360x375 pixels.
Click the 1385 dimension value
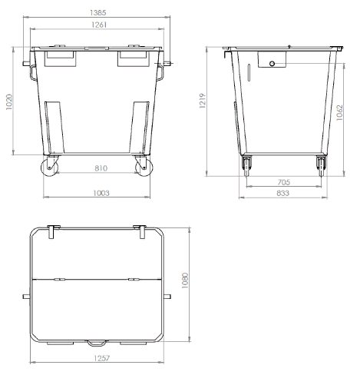click(98, 12)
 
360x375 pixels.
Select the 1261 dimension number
click(99, 25)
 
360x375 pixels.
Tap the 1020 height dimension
click(9, 102)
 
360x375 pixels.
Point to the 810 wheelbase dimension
click(101, 168)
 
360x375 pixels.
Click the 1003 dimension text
click(101, 193)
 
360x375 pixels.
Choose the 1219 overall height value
click(203, 101)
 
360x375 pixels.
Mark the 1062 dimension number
click(339, 112)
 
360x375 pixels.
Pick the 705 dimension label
click(284, 182)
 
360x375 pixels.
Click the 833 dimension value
click(282, 193)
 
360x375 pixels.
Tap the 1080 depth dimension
click(185, 280)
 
